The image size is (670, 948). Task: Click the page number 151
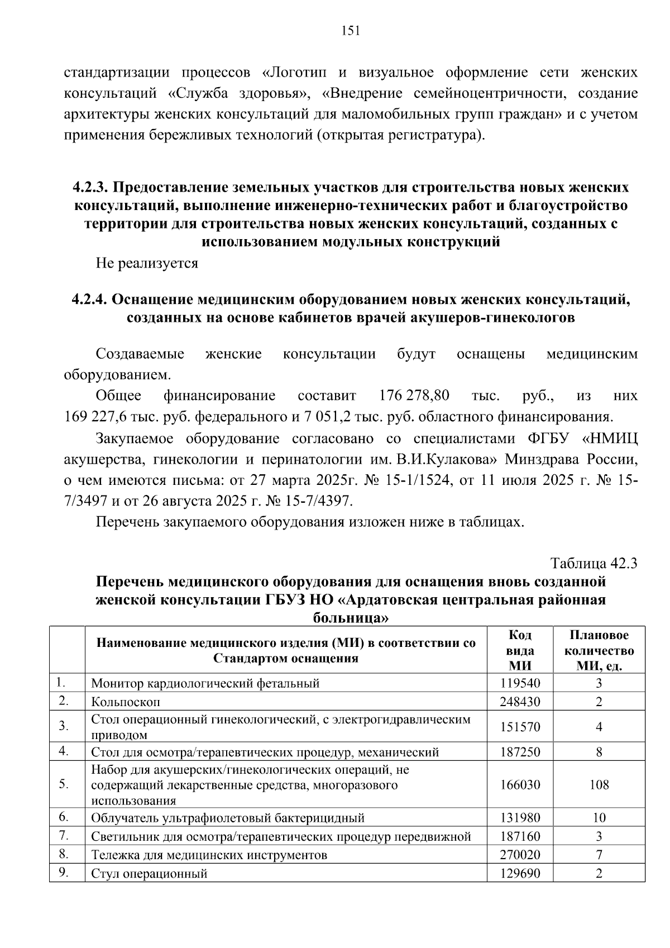pyautogui.click(x=351, y=31)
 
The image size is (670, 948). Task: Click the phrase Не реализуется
pyautogui.click(x=147, y=263)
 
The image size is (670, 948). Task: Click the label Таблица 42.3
pyautogui.click(x=594, y=563)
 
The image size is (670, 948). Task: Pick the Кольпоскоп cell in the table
pyautogui.click(x=126, y=702)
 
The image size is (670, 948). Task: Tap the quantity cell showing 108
pyautogui.click(x=599, y=784)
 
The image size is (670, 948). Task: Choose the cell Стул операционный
pyautogui.click(x=149, y=874)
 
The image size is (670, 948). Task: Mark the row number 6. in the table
pyautogui.click(x=64, y=817)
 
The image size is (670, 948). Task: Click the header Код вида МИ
pyautogui.click(x=520, y=650)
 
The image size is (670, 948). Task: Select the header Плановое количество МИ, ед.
pyautogui.click(x=599, y=650)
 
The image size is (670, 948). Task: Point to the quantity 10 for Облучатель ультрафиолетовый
pyautogui.click(x=599, y=818)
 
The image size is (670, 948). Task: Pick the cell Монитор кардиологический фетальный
pyautogui.click(x=205, y=683)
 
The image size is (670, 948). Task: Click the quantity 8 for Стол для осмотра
pyautogui.click(x=599, y=752)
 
